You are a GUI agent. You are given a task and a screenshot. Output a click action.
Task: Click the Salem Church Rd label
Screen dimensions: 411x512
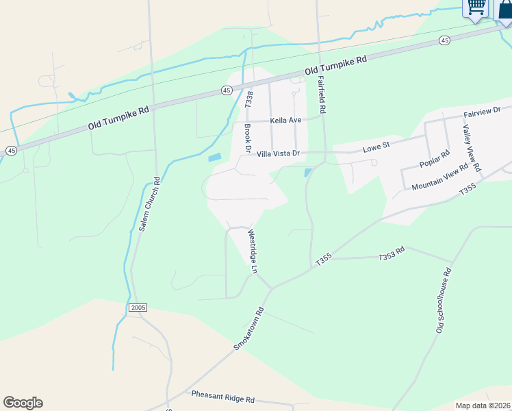[x=149, y=204]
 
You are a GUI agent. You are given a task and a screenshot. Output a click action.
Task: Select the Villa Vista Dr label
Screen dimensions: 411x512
[x=279, y=154]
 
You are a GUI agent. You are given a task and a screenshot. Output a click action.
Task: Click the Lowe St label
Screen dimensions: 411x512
[x=376, y=146]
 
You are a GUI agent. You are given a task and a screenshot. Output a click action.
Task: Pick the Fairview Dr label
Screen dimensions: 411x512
[x=483, y=110]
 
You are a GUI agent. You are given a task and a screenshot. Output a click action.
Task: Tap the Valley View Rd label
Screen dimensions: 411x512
[x=472, y=148]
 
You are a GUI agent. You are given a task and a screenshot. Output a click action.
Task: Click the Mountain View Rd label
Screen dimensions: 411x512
[x=439, y=177]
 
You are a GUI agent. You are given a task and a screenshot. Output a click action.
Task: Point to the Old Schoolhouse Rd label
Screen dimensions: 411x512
[x=443, y=306]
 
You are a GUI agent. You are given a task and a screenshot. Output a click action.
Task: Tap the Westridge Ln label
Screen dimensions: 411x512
[x=251, y=251]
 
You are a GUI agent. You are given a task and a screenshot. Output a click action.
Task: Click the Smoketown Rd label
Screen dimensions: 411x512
[x=248, y=329]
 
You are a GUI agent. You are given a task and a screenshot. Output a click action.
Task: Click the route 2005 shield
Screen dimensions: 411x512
[x=137, y=308]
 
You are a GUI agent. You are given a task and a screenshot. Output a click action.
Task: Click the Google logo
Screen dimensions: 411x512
[x=23, y=403]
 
